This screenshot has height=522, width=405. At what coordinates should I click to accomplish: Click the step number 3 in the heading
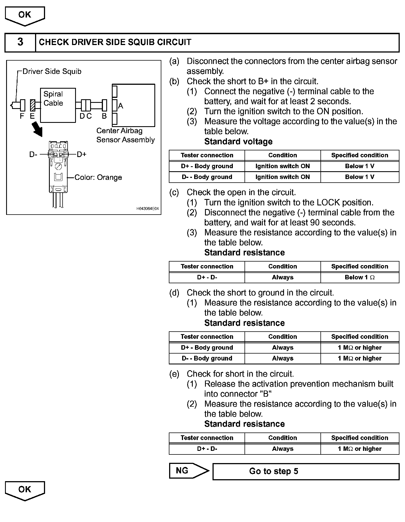(x=20, y=42)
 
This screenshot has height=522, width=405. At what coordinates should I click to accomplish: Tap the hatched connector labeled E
(x=33, y=105)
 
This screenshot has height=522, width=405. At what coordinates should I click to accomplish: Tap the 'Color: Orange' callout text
(x=98, y=177)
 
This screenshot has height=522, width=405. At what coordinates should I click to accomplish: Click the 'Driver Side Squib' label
(x=52, y=71)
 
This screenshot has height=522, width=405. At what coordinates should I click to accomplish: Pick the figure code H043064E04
(x=147, y=208)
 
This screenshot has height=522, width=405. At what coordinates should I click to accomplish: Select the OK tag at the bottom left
(x=25, y=491)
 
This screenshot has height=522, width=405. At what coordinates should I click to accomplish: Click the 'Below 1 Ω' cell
(x=360, y=277)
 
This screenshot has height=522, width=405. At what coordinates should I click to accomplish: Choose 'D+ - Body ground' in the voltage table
(x=207, y=166)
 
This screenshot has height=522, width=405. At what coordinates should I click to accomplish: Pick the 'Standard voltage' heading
(x=238, y=141)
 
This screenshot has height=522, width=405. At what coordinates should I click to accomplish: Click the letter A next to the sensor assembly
(x=121, y=106)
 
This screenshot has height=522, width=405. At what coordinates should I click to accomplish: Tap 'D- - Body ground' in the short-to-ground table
(x=207, y=358)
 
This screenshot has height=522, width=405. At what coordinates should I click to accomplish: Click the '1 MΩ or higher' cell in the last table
(x=360, y=449)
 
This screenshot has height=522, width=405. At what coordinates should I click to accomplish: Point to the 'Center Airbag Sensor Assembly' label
(x=125, y=135)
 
